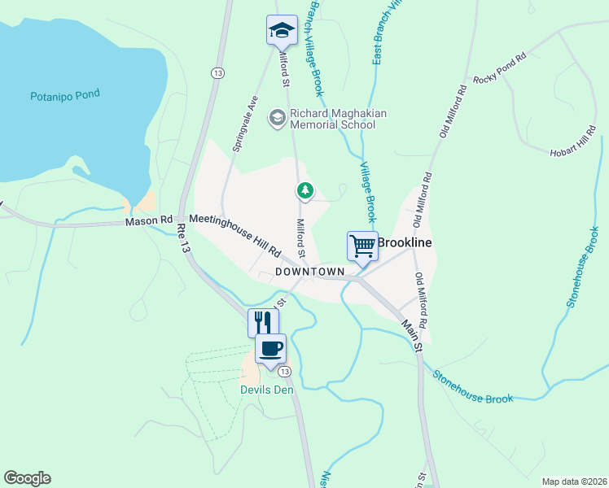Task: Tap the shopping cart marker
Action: pos(362,245)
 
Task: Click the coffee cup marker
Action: pos(271,348)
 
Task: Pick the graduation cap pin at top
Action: pos(282,30)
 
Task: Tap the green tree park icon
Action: pos(305,191)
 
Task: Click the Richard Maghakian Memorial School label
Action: pos(332,119)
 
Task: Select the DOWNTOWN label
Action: pos(310,271)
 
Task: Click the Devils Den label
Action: pos(266,389)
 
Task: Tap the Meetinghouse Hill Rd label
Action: pos(235,236)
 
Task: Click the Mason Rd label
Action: pos(150,220)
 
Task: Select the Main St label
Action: pos(412,333)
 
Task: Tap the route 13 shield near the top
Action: pos(217,73)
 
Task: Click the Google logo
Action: pos(28,478)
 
